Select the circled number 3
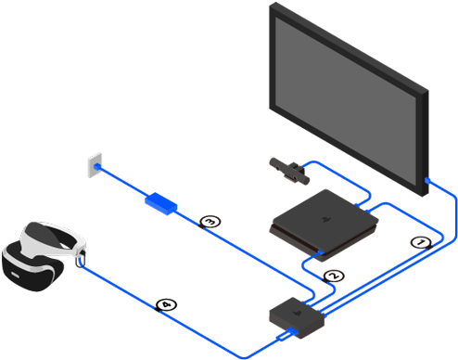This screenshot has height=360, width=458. [x=210, y=222]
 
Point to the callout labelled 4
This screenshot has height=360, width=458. [x=166, y=303]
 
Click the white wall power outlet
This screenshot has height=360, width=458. [x=92, y=167]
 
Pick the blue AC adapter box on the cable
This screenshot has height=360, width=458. [x=163, y=202]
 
